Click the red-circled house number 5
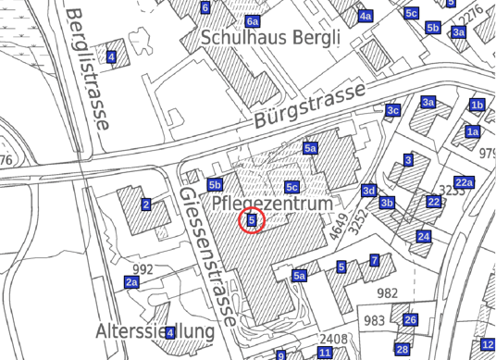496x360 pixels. tap(252, 220)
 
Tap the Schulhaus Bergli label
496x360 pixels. tap(270, 38)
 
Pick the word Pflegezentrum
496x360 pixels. tap(272, 202)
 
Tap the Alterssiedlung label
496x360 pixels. tap(155, 331)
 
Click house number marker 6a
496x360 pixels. tap(253, 20)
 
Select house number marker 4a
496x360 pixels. tap(366, 16)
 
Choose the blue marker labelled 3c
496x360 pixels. tap(392, 111)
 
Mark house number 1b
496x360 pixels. tap(477, 105)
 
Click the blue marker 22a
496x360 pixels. tap(464, 182)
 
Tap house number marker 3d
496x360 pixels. tap(369, 191)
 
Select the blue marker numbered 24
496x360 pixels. tap(424, 237)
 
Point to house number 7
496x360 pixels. tap(375, 261)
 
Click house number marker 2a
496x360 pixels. tap(131, 281)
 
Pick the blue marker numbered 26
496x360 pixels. tap(410, 320)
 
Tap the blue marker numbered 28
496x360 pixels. tap(402, 349)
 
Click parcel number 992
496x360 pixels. tap(143, 269)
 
